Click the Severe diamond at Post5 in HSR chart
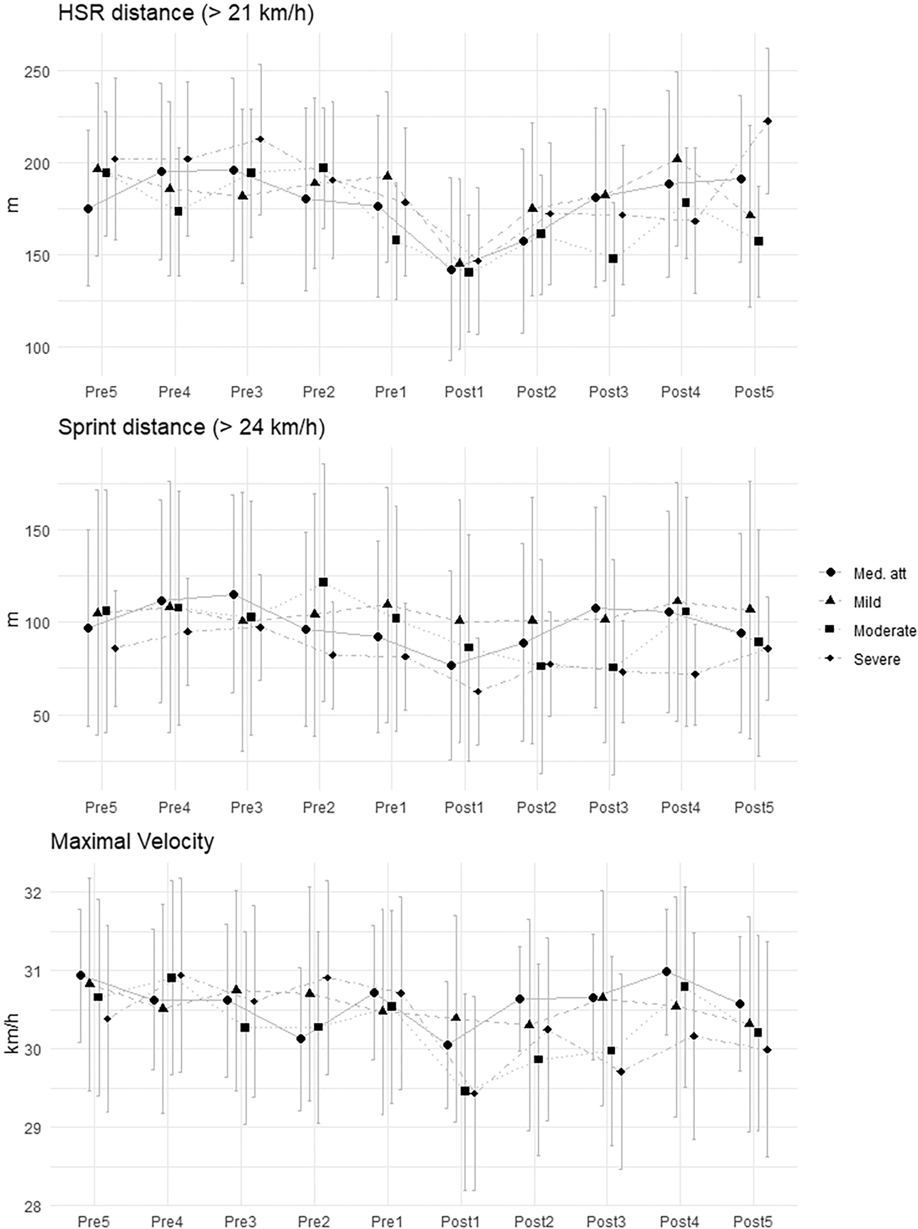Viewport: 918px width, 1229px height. (x=768, y=121)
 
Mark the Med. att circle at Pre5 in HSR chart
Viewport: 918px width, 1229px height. (x=88, y=209)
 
